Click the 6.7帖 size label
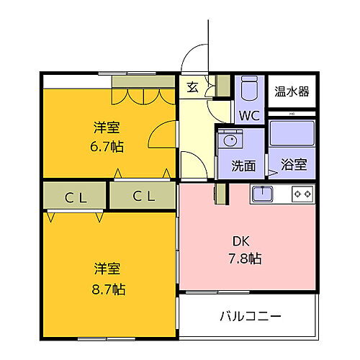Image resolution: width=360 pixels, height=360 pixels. pos(107,146)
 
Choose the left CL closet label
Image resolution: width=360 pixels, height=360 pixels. pos(74,195)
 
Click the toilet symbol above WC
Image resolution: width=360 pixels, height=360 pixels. pos(249,91)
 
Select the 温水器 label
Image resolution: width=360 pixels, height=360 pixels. pos(292,91)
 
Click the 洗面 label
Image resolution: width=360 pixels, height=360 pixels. pos(243,165)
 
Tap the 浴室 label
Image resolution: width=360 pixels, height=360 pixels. pos(293,165)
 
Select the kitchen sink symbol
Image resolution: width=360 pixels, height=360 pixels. pos(261,193)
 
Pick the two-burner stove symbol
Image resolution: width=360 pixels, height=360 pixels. pos(302,193)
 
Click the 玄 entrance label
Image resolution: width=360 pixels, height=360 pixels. pos(192,88)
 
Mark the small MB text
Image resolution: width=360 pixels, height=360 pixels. pos(292,112)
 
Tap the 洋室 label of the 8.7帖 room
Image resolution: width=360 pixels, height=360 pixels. pos(107,270)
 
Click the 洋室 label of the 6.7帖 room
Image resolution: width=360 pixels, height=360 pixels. pos(107,128)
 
